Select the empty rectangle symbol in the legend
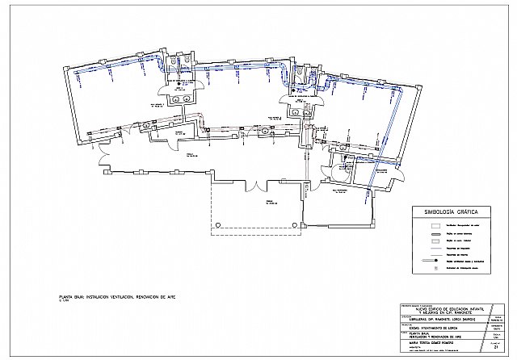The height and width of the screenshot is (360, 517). tap(434, 226)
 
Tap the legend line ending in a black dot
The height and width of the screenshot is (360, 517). tap(434, 262)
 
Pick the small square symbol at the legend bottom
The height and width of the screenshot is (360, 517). tap(434, 270)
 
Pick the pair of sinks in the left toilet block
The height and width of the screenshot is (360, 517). tap(179, 98)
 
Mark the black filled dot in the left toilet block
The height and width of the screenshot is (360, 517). tap(174, 82)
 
